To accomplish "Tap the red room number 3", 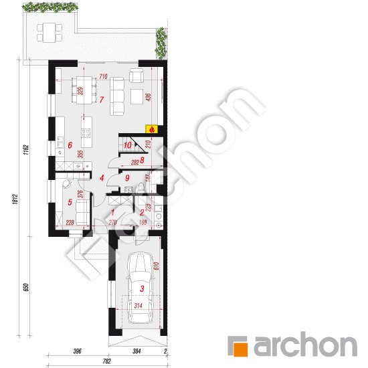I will tap(142, 288).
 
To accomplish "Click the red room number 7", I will tap(101, 100).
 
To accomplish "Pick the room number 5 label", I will tap(69, 201).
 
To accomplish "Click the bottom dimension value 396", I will tap(78, 351).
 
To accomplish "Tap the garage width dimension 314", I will tap(139, 306).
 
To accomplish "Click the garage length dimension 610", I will tap(157, 266).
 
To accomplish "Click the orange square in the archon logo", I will tap(238, 347).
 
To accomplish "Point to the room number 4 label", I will tap(102, 178).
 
